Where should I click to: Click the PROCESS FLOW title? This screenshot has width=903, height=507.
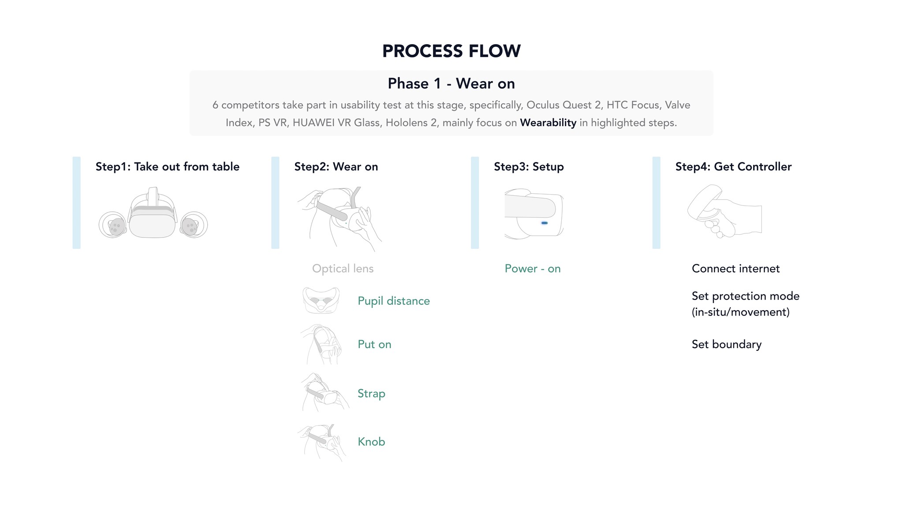(x=451, y=51)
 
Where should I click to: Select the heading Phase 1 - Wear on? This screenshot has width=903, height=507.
(x=451, y=83)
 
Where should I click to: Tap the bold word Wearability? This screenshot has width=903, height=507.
(x=548, y=123)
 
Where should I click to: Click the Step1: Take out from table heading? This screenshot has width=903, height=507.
(x=168, y=166)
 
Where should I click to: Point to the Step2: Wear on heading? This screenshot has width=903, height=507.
(x=336, y=166)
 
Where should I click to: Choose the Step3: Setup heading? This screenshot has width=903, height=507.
(x=529, y=167)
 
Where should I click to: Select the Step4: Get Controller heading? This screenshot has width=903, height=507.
(x=733, y=166)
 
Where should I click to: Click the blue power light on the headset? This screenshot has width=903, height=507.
(x=545, y=223)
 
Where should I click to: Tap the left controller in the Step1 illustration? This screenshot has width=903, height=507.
(x=113, y=225)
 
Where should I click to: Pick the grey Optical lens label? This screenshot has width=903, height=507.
(x=343, y=269)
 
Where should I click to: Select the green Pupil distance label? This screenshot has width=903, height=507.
(x=394, y=301)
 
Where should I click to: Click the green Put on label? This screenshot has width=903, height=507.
(x=374, y=344)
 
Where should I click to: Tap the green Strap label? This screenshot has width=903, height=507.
(x=371, y=394)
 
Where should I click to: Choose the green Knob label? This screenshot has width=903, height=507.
(x=371, y=442)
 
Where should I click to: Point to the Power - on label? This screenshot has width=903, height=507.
(x=533, y=269)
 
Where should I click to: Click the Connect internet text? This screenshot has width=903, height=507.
(x=735, y=269)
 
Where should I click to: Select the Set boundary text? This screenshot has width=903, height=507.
(x=727, y=344)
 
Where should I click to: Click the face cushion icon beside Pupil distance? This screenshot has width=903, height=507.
(x=321, y=300)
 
